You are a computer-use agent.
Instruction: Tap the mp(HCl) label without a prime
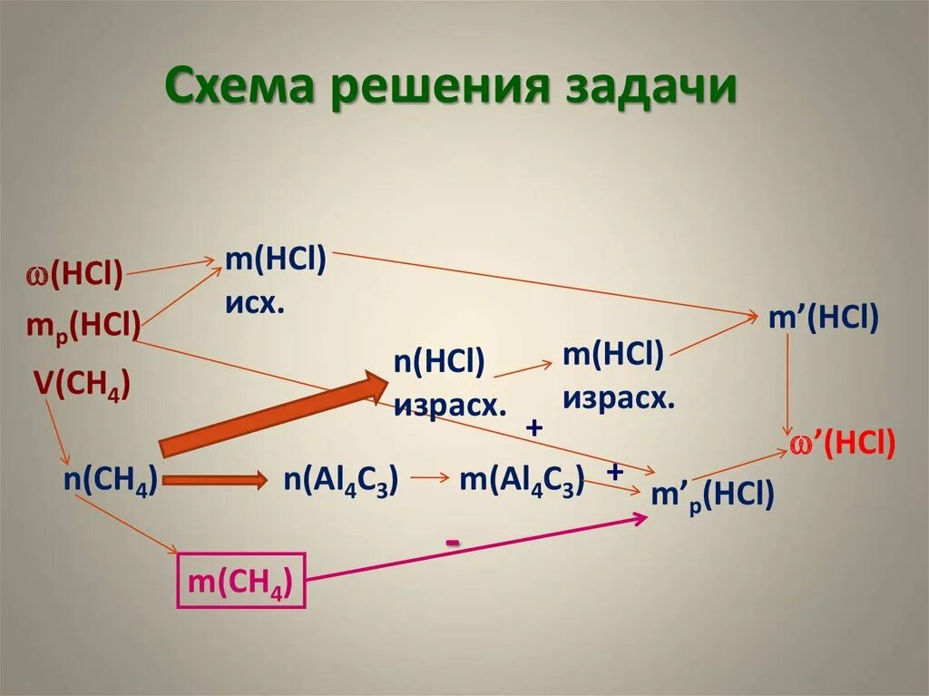pos(83,324)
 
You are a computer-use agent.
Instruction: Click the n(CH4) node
pos(111,480)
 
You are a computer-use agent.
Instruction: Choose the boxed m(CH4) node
pos(240,582)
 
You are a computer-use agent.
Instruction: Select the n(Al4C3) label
pos(341,480)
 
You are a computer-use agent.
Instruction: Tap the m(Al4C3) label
pos(521,480)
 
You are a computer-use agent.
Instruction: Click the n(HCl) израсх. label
pos(449,382)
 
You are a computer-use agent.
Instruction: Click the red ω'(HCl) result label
pos(842,442)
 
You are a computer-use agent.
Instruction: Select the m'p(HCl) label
pos(713,495)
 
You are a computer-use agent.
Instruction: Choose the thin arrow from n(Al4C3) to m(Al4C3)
pos(430,479)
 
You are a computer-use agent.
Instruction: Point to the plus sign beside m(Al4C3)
pos(615,472)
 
